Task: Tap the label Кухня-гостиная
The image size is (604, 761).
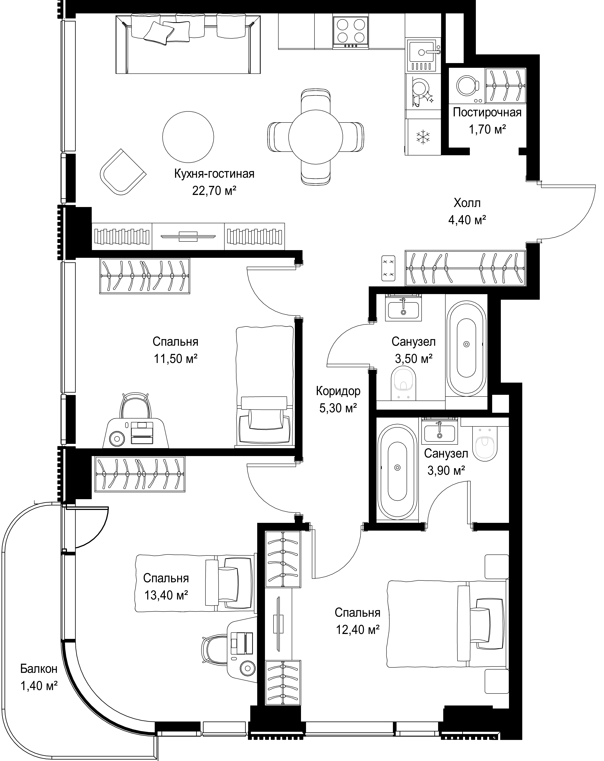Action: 214,174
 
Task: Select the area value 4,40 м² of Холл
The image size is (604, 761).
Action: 467,220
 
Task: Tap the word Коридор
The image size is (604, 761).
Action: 338,391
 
